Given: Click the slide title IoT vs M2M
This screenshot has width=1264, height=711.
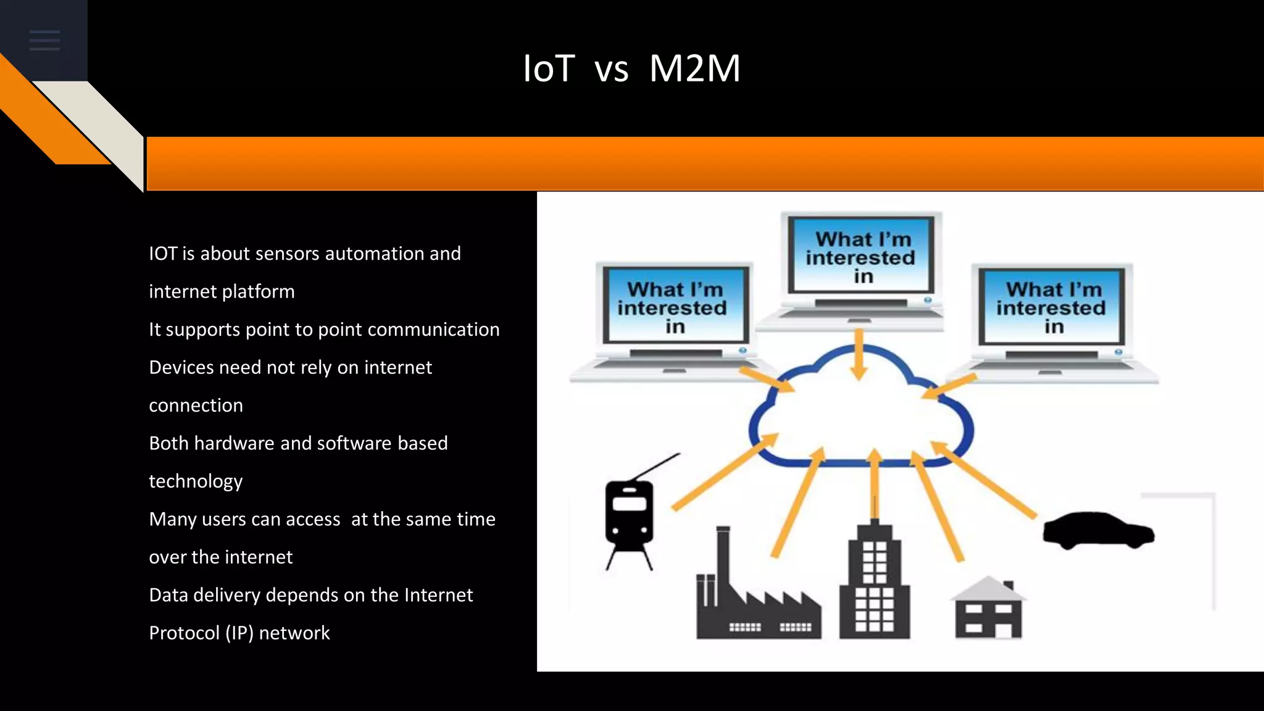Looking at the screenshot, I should pyautogui.click(x=631, y=68).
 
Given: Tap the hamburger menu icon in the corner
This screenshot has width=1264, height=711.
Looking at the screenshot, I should pyautogui.click(x=44, y=40).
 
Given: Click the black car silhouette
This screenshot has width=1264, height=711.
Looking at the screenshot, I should pyautogui.click(x=1098, y=530).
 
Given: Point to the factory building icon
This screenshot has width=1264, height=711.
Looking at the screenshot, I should pyautogui.click(x=757, y=599).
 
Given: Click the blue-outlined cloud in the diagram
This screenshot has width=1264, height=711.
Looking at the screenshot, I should pyautogui.click(x=861, y=414).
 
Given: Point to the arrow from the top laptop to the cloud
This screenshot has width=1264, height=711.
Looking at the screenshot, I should pyautogui.click(x=859, y=355).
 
